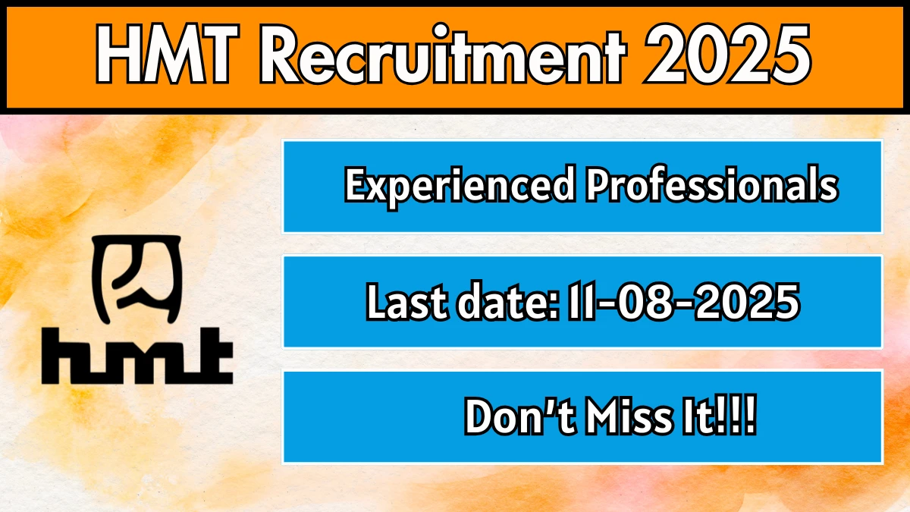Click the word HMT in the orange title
[167, 54]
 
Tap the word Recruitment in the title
[443, 54]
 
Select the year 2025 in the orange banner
[727, 54]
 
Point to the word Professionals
[712, 185]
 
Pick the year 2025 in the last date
[747, 302]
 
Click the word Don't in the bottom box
[520, 417]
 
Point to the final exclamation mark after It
[750, 416]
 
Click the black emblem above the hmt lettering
[137, 279]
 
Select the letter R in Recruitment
[281, 54]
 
